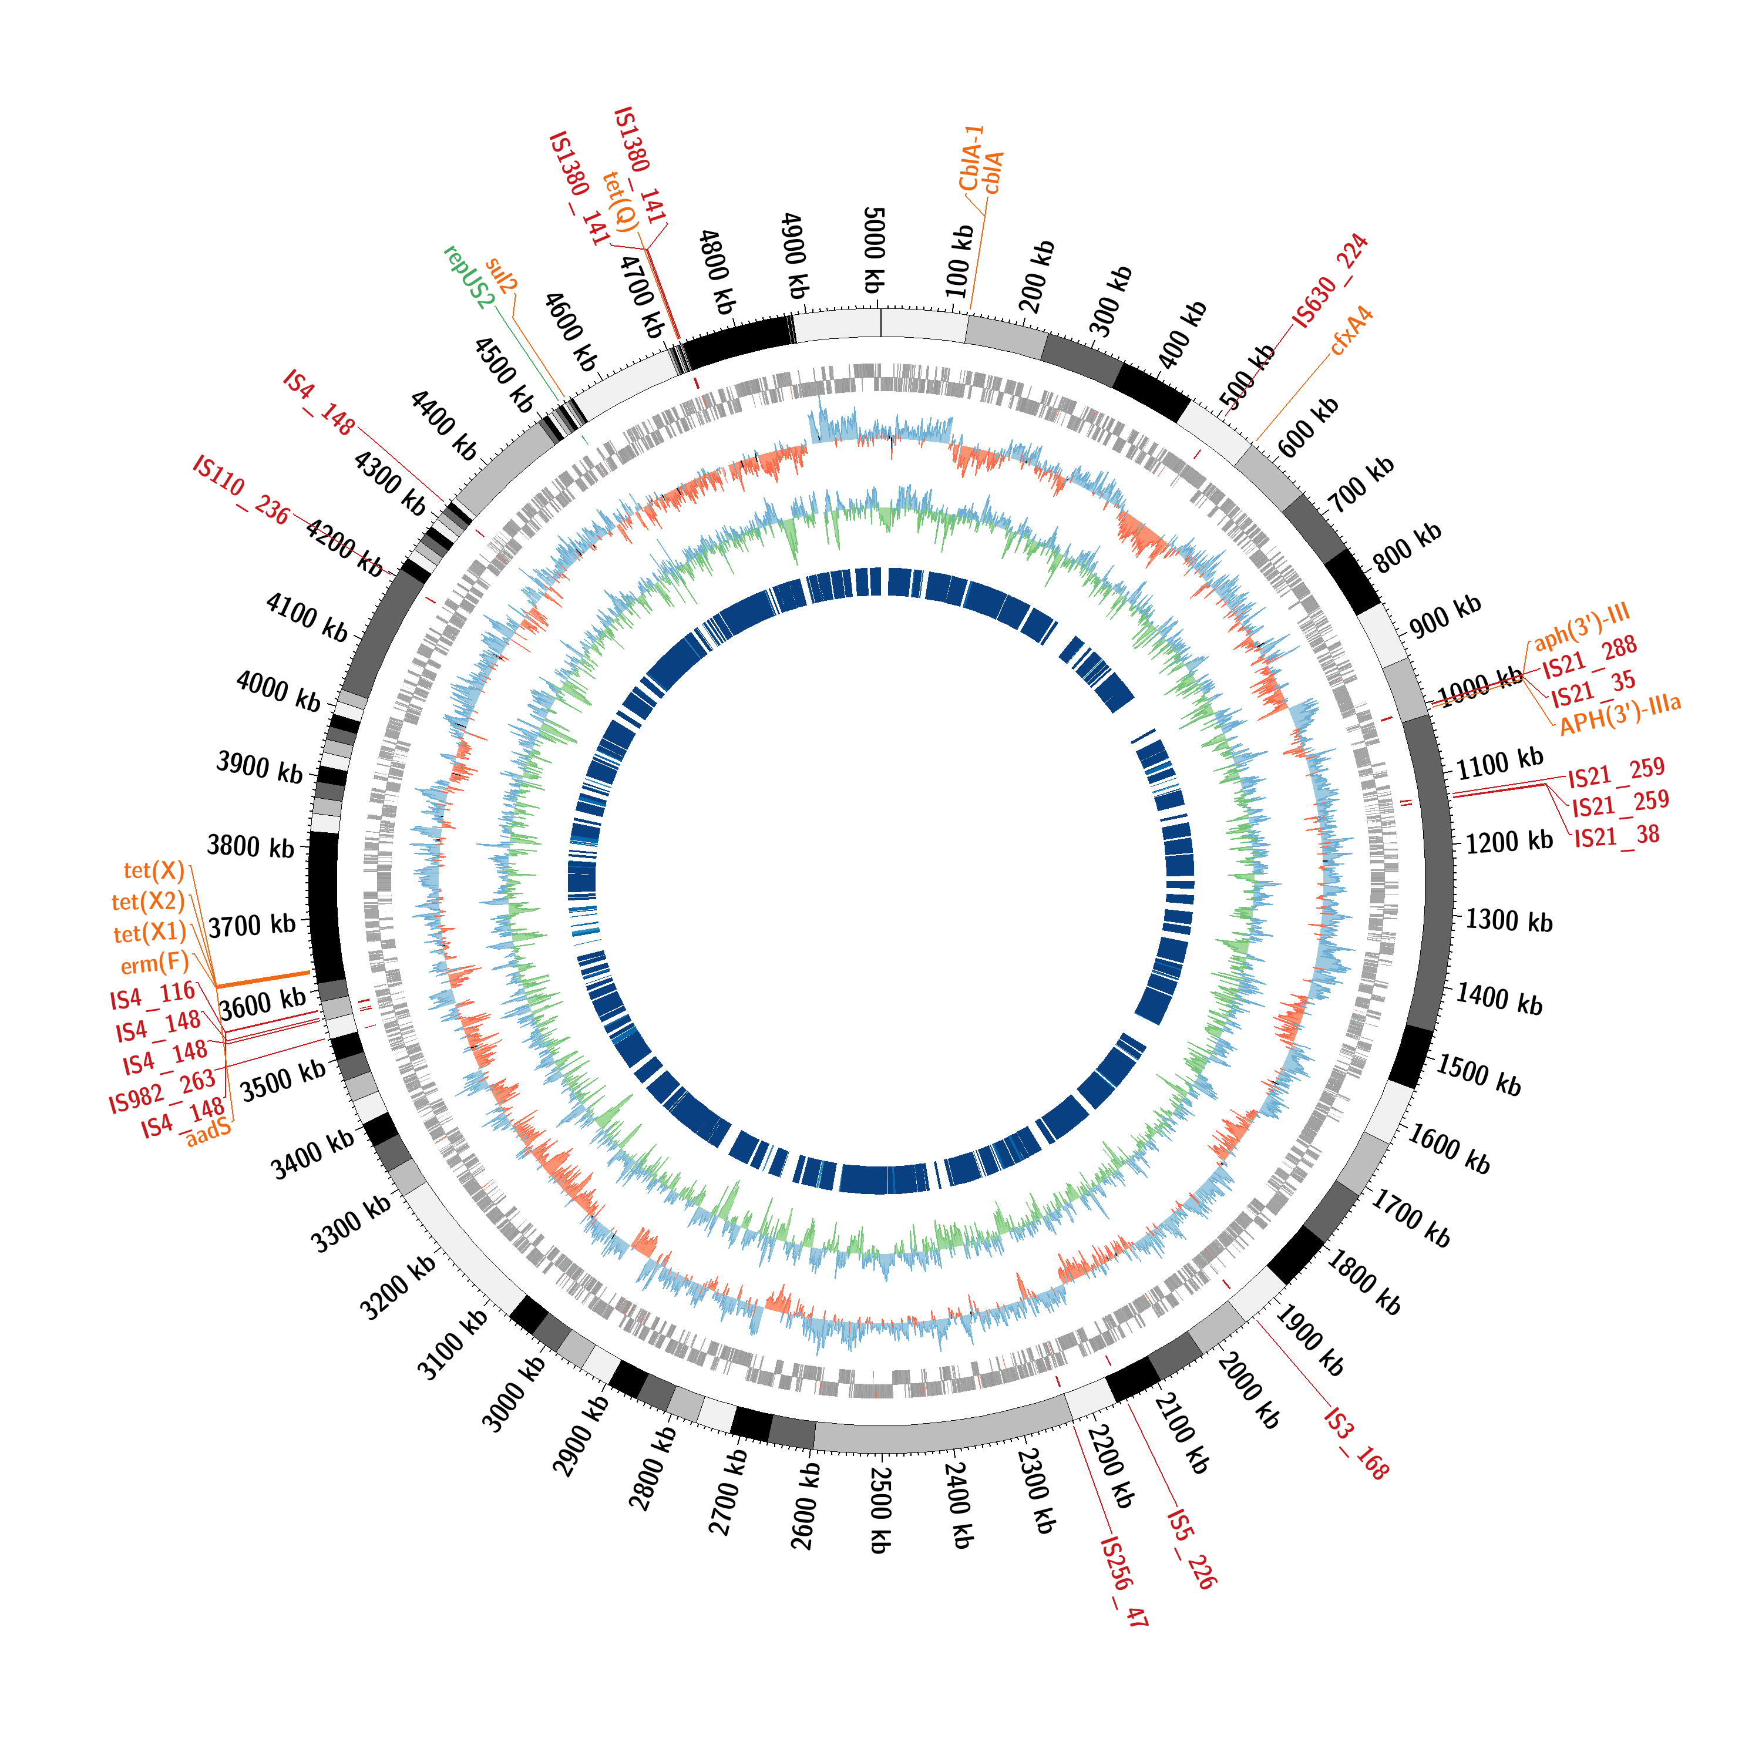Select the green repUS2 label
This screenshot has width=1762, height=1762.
pyautogui.click(x=469, y=276)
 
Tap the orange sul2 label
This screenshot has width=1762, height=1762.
pyautogui.click(x=500, y=274)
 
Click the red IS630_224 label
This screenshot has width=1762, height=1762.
pyautogui.click(x=1330, y=280)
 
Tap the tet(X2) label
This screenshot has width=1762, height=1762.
pyautogui.click(x=148, y=902)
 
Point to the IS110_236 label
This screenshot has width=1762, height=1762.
pyautogui.click(x=241, y=490)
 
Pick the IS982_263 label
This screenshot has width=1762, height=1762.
pyautogui.click(x=162, y=1092)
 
